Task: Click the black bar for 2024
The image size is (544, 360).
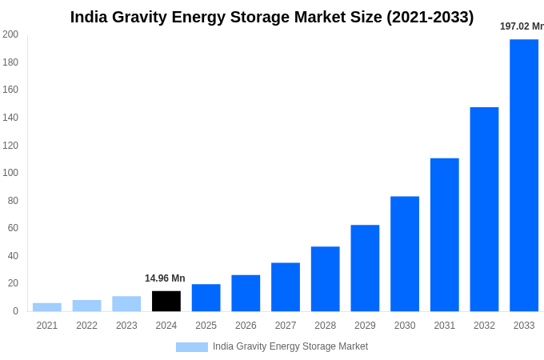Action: (x=166, y=301)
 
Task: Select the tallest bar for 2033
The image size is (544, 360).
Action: (x=524, y=175)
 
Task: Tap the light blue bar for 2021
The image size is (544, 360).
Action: (x=47, y=307)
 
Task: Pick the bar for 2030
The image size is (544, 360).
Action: (x=405, y=254)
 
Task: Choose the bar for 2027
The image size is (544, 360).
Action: (x=286, y=286)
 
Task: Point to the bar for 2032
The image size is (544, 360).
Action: (x=484, y=209)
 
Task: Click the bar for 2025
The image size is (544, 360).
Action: (x=206, y=298)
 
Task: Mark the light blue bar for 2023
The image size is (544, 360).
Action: (x=126, y=303)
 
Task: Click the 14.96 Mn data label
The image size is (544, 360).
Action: (x=165, y=278)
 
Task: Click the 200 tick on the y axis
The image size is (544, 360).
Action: (x=10, y=34)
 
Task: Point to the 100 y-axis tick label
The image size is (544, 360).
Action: (x=10, y=173)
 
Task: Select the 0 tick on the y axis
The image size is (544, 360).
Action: (x=15, y=311)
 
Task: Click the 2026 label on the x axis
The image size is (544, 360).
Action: (x=246, y=326)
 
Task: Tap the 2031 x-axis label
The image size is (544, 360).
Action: (x=444, y=326)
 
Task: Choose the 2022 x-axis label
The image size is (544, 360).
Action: (x=86, y=326)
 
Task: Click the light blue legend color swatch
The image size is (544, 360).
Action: (x=192, y=347)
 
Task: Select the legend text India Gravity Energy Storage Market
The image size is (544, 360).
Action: (x=290, y=346)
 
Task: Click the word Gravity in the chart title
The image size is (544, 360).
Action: (x=140, y=17)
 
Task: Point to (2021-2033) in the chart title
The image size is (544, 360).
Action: (x=430, y=17)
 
